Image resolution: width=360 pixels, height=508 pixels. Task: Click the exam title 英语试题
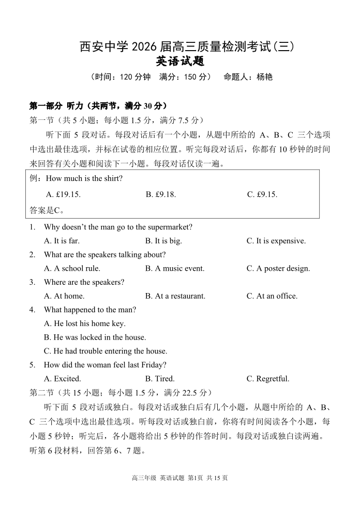click(x=180, y=61)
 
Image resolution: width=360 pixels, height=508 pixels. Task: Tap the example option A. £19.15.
click(x=63, y=195)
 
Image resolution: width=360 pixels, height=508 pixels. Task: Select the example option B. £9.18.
click(x=161, y=195)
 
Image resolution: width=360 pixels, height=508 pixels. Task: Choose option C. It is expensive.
click(x=276, y=241)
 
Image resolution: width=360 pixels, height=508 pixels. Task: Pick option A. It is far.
click(x=62, y=241)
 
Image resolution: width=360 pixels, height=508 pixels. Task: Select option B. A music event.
click(x=175, y=268)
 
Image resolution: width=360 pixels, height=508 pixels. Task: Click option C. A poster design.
click(x=278, y=268)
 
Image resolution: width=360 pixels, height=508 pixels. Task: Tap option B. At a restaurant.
click(x=175, y=296)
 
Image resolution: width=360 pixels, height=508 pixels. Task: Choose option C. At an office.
click(x=272, y=296)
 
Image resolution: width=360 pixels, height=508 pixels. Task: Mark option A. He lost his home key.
click(x=85, y=324)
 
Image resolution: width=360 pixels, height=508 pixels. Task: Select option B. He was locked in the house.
click(x=95, y=337)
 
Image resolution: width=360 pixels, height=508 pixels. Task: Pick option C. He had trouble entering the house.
click(x=106, y=351)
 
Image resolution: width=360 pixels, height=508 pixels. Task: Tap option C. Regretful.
click(x=267, y=379)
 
